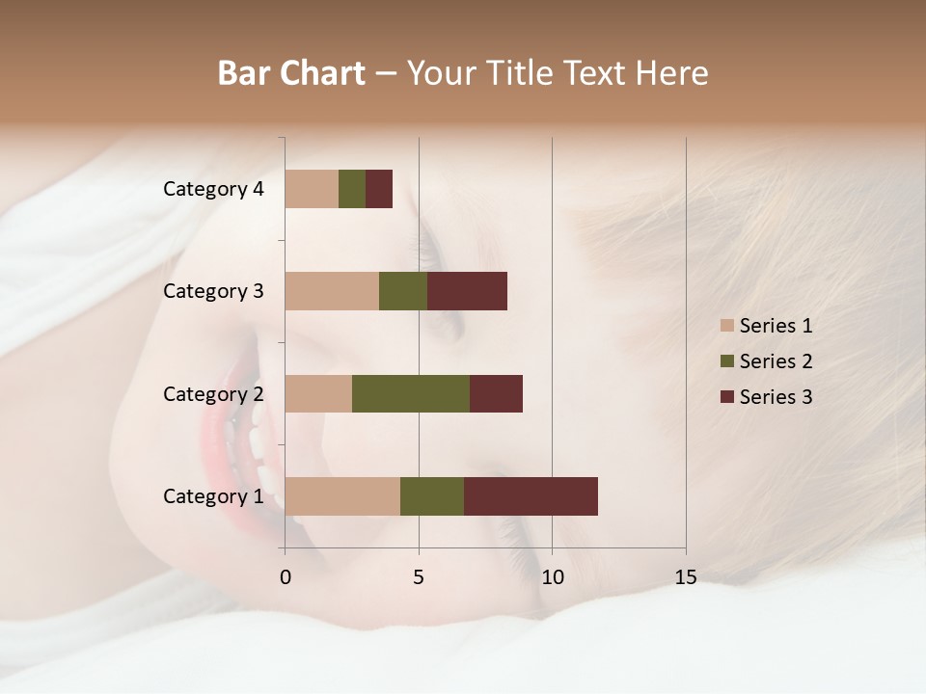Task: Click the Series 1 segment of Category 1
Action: point(342,495)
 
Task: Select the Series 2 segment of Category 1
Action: point(432,495)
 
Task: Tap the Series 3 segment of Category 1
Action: point(531,495)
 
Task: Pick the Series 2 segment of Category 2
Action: point(411,393)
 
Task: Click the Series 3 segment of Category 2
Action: point(496,393)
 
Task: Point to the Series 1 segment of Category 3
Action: point(332,291)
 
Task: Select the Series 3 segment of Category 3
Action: point(467,291)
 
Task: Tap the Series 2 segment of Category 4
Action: point(352,189)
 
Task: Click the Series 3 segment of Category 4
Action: point(379,189)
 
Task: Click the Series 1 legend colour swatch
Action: point(726,326)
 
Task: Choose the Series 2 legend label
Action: point(776,361)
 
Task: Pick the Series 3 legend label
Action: point(776,397)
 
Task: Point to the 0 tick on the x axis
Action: point(286,577)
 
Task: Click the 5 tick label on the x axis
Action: point(419,577)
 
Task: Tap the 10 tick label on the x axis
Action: point(552,577)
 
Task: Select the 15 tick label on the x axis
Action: point(686,577)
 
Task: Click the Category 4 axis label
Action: point(213,189)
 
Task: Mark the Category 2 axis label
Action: point(213,393)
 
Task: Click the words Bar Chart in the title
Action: point(291,73)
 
